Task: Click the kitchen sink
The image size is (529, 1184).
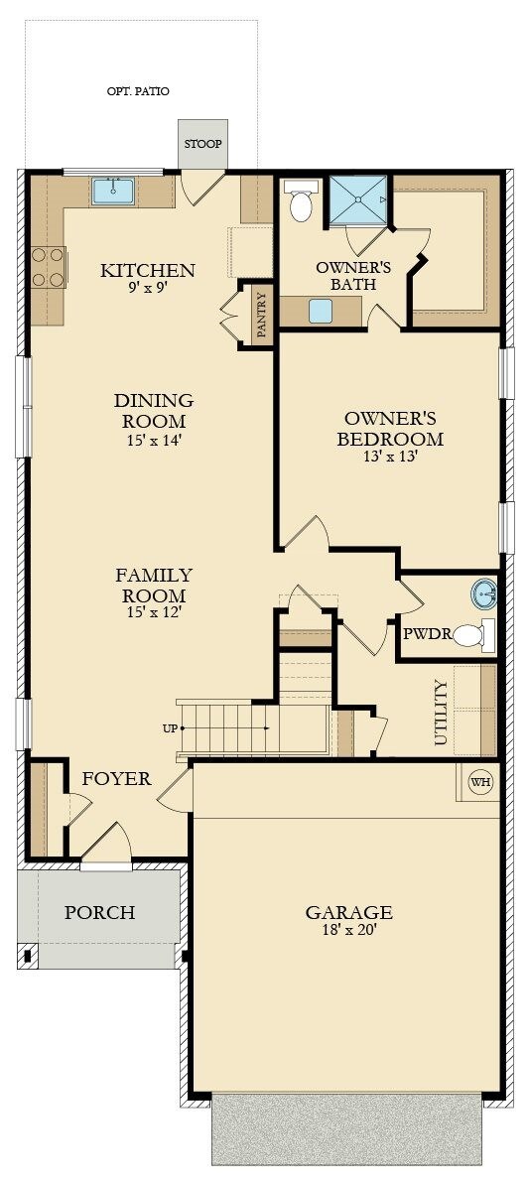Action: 113,191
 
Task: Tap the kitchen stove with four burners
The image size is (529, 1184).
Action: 49,267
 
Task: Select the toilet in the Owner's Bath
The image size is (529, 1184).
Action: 301,200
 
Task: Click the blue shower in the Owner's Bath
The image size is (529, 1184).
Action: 357,200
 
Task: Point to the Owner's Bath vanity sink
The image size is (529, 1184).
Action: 321,311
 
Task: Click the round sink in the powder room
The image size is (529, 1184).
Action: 483,594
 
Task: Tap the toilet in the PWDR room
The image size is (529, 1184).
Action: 473,635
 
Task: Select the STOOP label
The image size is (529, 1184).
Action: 203,144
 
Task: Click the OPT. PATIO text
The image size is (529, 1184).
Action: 138,91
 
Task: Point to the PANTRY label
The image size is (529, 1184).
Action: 262,315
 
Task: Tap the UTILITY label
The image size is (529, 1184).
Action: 441,713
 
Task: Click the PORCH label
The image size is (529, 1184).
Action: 99,912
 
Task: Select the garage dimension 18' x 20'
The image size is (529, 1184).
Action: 348,930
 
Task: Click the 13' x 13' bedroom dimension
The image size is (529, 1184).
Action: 389,457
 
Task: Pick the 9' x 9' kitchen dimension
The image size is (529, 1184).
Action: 147,287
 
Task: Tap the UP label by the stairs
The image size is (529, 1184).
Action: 170,728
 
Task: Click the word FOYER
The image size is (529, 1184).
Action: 117,778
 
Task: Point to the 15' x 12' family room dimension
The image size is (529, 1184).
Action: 154,612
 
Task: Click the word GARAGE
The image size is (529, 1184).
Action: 348,912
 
